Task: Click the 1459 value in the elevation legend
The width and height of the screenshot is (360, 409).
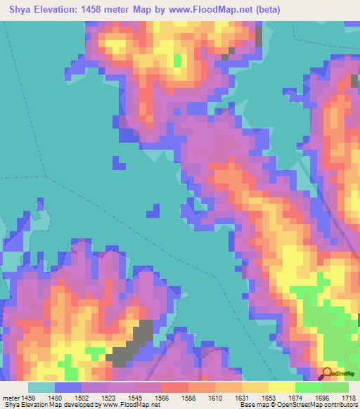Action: pyautogui.click(x=29, y=397)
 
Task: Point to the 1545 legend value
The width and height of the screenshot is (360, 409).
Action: pyautogui.click(x=136, y=397)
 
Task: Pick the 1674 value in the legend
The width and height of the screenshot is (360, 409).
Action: pyautogui.click(x=296, y=397)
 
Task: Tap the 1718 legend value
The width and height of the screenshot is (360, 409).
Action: pyautogui.click(x=349, y=397)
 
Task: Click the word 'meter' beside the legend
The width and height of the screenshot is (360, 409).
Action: pyautogui.click(x=11, y=397)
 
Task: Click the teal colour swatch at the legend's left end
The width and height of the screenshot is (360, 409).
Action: pyautogui.click(x=41, y=387)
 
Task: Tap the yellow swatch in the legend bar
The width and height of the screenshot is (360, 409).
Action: pyautogui.click(x=281, y=387)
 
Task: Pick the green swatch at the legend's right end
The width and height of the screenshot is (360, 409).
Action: pyautogui.click(x=335, y=387)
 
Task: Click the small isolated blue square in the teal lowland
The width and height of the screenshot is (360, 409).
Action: pyautogui.click(x=152, y=210)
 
